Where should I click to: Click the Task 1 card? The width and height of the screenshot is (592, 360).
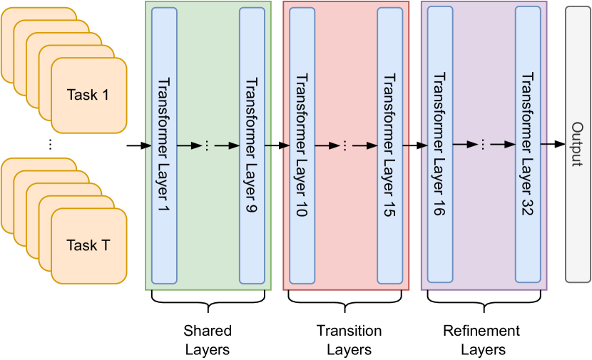88,95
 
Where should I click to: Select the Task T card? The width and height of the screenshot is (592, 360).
88,246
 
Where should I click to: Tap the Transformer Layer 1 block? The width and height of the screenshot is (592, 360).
164,145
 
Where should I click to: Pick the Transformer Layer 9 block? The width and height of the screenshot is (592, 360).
252,145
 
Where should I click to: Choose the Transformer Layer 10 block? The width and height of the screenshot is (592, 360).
302,145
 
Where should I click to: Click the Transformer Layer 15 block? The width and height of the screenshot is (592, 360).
389,145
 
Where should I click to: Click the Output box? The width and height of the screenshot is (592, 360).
577,145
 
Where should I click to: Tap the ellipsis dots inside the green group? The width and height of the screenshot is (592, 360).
207,145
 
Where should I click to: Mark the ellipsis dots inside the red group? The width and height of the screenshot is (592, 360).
345,145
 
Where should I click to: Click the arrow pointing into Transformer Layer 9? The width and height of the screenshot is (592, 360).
228,145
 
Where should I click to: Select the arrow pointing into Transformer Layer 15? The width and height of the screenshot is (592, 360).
365,145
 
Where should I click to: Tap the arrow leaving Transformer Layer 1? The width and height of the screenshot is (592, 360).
188,145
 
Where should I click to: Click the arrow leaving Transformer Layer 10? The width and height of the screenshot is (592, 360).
326,145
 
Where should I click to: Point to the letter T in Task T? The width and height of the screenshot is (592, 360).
104,246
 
